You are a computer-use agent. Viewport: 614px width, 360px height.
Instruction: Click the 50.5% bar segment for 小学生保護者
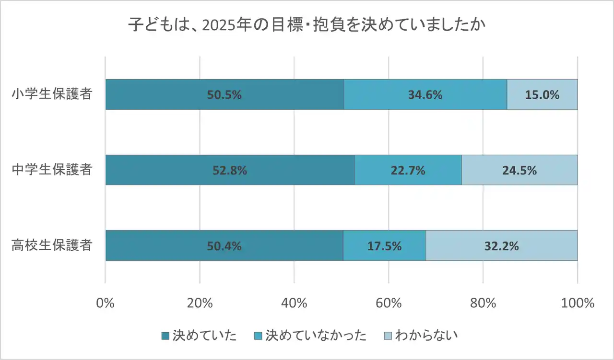tap(224, 94)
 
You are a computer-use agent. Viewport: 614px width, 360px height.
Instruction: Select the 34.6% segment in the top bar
tap(425, 94)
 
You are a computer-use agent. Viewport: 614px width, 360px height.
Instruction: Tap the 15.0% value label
tap(542, 95)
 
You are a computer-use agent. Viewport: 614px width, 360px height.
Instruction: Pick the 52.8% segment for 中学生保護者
tap(230, 170)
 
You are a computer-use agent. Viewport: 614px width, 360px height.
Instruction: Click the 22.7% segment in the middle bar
tap(408, 170)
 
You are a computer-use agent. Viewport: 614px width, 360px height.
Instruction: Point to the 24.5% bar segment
tap(519, 170)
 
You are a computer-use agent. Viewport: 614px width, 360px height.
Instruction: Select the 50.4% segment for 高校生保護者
tap(224, 246)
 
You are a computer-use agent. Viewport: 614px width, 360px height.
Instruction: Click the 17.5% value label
tap(385, 246)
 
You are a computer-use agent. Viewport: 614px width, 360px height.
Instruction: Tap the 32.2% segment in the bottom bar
tap(501, 246)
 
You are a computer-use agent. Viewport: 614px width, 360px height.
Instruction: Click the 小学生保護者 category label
tap(52, 94)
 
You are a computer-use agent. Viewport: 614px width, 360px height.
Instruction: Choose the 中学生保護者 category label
tap(52, 170)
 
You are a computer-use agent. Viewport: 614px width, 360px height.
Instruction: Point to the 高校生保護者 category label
tap(52, 245)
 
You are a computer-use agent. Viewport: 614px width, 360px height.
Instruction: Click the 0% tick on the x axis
tap(105, 303)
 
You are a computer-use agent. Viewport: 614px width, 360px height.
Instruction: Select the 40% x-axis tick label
tap(294, 303)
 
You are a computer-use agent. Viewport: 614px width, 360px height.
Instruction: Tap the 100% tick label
tap(577, 303)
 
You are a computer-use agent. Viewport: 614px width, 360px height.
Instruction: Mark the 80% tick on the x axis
tap(483, 303)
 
